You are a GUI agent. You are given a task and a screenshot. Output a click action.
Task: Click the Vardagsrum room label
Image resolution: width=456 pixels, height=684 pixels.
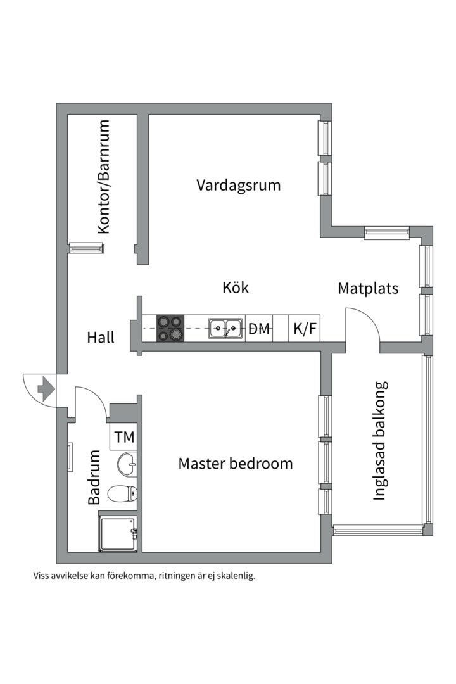[238, 186]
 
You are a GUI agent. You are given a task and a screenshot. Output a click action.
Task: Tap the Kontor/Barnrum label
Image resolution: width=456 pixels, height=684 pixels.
[104, 177]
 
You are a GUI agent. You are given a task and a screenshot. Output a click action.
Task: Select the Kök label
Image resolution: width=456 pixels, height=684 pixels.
[236, 288]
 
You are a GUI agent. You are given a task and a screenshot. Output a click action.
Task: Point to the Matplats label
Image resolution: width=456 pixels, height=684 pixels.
[368, 289]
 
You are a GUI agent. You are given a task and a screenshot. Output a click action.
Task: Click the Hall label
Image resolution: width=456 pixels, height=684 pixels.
[101, 338]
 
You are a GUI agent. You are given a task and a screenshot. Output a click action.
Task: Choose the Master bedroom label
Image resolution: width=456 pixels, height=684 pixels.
[236, 463]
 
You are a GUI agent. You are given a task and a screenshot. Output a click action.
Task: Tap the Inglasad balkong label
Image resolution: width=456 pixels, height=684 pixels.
[379, 441]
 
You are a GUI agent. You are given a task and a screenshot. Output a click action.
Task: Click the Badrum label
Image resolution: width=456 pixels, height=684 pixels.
[94, 477]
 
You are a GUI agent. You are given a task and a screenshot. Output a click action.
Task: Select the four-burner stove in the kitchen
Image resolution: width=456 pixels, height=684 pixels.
[170, 328]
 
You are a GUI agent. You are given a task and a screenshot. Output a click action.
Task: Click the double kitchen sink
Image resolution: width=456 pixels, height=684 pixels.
[226, 328]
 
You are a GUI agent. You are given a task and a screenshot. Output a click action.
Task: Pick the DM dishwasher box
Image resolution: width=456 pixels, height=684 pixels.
[259, 329]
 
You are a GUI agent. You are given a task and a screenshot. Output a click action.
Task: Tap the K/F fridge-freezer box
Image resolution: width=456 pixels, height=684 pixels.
[305, 329]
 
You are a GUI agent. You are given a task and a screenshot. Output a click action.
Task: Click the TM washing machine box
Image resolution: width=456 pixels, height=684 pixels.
[125, 437]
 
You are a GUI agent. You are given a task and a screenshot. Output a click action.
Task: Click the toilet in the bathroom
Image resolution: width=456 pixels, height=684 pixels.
[123, 493]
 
